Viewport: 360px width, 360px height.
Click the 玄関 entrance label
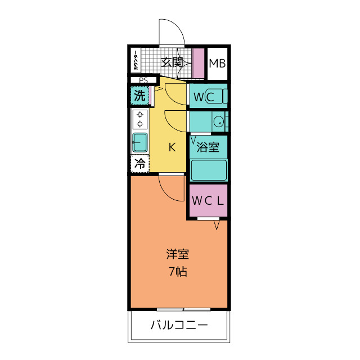click(172, 62)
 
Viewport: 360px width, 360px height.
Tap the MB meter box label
click(217, 64)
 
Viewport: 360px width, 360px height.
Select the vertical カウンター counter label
click(136, 60)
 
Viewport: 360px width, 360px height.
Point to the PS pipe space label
click(143, 80)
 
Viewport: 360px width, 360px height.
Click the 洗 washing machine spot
click(139, 95)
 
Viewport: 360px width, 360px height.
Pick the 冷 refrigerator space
click(140, 164)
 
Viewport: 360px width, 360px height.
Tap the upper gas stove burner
click(140, 114)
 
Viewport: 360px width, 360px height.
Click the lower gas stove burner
click(140, 124)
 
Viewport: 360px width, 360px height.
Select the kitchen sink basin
click(140, 142)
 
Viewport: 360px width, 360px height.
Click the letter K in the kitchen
click(172, 147)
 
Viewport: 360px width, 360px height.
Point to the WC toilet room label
click(204, 97)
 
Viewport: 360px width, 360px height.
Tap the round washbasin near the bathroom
click(218, 121)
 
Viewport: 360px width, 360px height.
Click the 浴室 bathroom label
click(208, 147)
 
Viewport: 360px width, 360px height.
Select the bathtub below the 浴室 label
click(209, 170)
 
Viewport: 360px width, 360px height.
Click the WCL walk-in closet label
click(208, 201)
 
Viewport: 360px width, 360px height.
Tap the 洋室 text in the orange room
click(178, 254)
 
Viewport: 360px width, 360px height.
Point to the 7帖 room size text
click(178, 272)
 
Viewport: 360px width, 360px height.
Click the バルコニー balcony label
click(179, 325)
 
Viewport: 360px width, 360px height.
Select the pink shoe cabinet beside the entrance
click(198, 63)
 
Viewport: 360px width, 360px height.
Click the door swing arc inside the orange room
click(166, 194)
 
